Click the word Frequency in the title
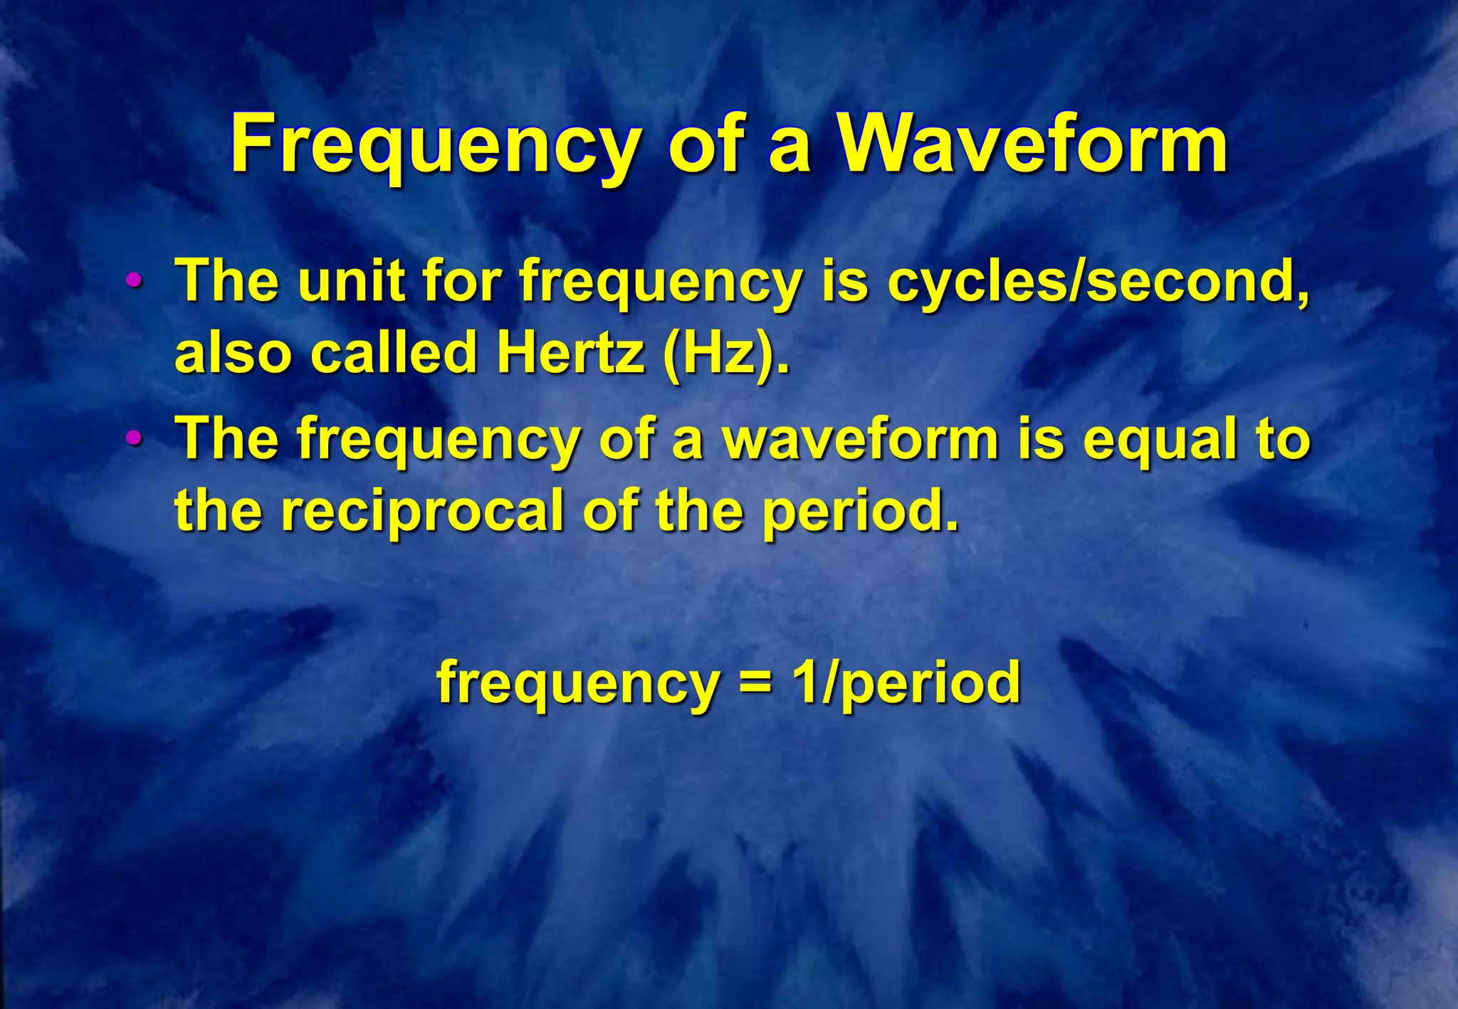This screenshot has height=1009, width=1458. (434, 146)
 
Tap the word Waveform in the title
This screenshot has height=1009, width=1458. (1032, 146)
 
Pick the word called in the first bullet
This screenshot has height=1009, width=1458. (394, 353)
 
